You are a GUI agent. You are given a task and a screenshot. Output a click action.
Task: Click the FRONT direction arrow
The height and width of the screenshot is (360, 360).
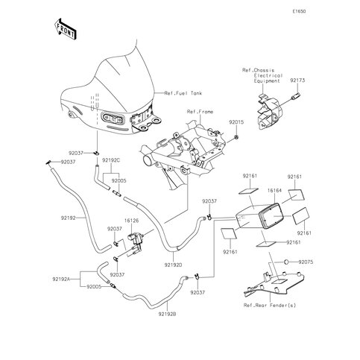coord(65,29)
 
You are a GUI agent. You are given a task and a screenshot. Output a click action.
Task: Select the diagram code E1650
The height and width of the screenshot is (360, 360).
coord(299,11)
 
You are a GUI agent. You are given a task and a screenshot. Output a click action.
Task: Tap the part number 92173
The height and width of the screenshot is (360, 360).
coord(297,80)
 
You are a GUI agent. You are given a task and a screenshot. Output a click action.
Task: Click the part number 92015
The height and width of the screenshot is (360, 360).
coord(236,122)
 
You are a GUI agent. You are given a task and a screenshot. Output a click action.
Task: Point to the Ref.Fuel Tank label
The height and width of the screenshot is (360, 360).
coord(183,93)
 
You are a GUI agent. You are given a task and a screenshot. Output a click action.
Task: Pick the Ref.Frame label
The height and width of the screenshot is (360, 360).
coord(200,112)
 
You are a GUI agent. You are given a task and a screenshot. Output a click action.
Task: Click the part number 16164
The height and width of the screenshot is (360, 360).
coord(274,191)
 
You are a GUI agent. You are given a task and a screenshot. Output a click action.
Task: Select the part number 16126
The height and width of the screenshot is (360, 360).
coord(131,221)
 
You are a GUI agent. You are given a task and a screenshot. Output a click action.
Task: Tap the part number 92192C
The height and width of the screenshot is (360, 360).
coord(111,160)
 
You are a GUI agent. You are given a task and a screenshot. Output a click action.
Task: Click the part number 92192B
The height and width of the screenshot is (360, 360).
coord(168,315)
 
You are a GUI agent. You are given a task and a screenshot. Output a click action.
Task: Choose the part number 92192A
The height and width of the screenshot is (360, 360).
coord(61,279)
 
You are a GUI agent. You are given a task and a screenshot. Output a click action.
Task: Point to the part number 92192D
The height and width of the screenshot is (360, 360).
coord(173,265)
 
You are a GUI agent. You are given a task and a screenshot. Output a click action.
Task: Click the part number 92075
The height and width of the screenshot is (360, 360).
coord(306,262)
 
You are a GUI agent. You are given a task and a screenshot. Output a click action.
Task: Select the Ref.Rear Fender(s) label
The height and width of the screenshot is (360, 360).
coord(270,306)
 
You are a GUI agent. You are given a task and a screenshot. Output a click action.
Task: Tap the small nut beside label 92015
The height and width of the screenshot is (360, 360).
coord(236,136)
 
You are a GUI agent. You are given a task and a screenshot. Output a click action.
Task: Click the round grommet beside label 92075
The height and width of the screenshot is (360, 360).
coord(286,262)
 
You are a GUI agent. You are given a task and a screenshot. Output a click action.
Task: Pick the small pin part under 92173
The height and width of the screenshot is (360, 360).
coord(297,95)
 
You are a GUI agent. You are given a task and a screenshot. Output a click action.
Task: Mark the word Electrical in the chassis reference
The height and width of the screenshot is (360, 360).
coord(268,75)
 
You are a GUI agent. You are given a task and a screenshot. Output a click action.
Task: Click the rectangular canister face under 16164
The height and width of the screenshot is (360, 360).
coord(270,216)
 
